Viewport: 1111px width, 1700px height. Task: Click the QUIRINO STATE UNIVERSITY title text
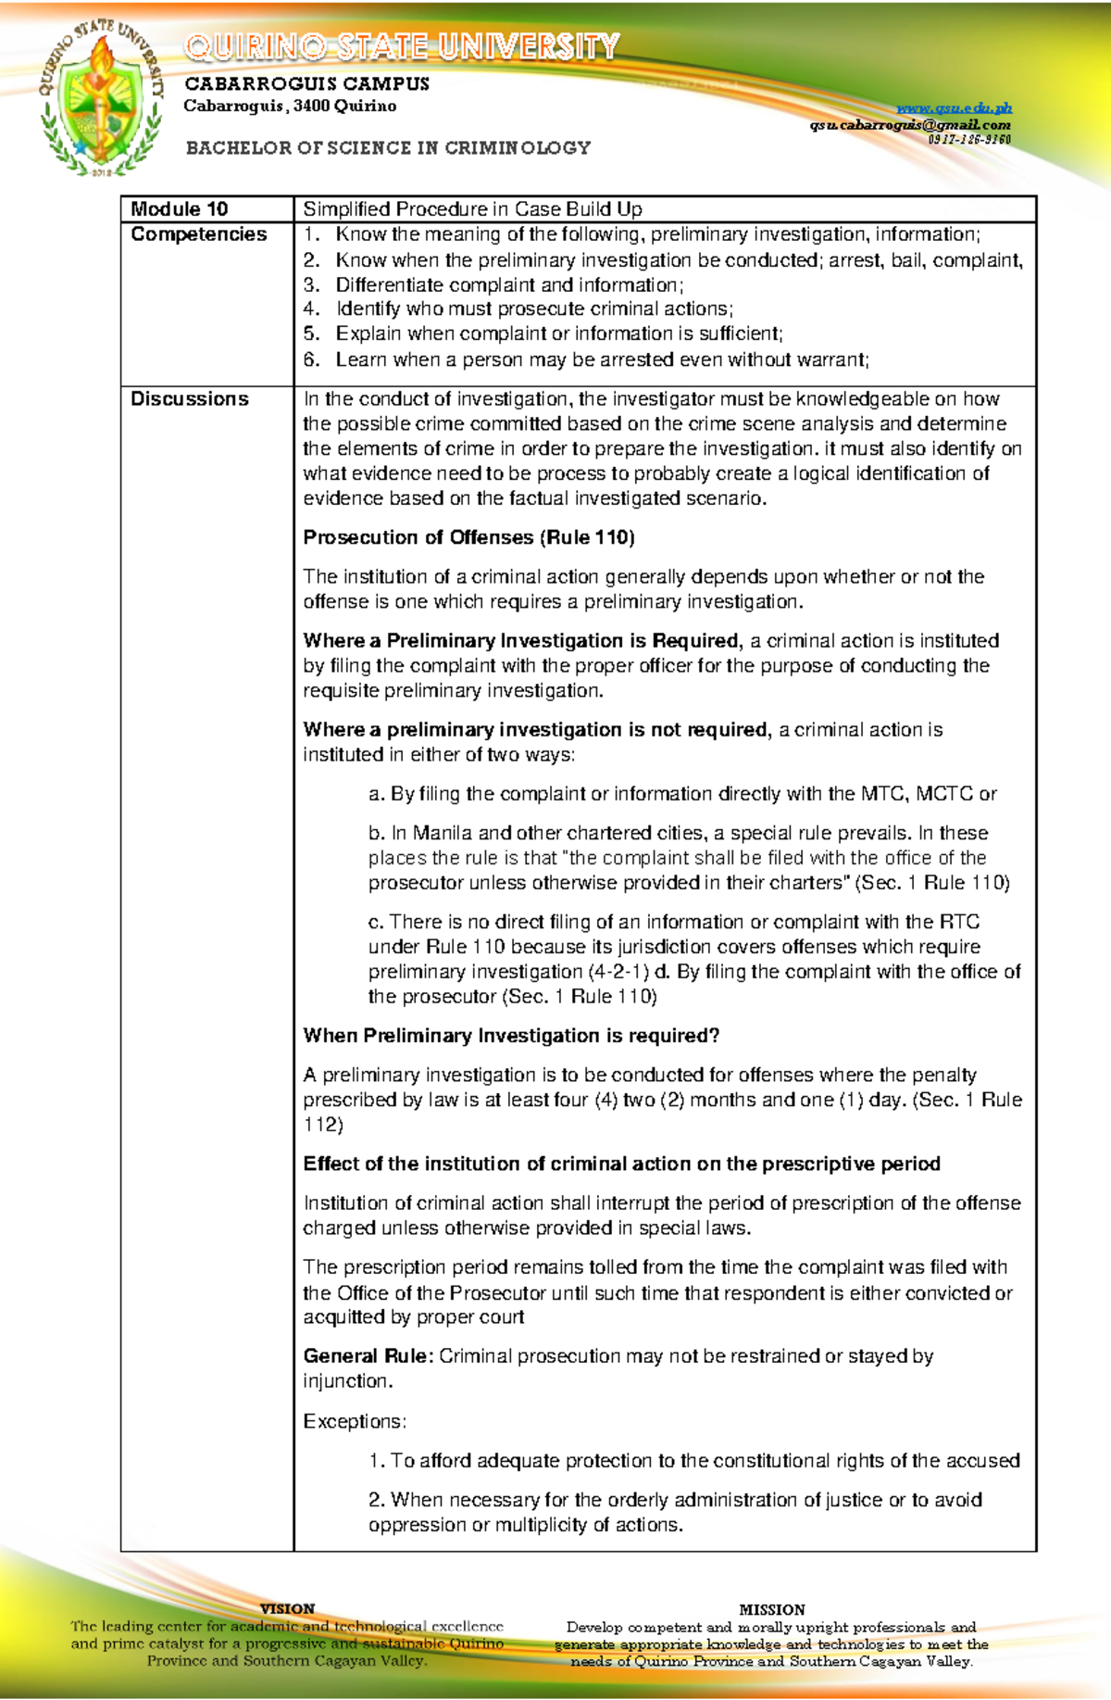(402, 46)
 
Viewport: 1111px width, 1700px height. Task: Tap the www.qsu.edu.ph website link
(954, 108)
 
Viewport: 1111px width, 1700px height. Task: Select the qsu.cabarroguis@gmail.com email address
(910, 125)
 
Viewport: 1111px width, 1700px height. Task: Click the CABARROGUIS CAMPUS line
(306, 84)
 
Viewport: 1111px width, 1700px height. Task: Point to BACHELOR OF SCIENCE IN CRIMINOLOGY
(388, 148)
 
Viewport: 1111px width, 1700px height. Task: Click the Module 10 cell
(180, 209)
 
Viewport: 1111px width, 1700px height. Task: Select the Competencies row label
(198, 234)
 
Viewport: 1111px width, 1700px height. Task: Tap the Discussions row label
(190, 399)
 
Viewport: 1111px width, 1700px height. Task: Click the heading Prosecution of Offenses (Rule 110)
(468, 537)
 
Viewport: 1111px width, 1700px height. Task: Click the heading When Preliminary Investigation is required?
(511, 1036)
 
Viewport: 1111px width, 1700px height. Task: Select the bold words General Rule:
(368, 1356)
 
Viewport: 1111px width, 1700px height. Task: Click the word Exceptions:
(355, 1421)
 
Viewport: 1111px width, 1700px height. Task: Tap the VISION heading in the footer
(287, 1609)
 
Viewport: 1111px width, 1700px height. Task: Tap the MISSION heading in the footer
(771, 1610)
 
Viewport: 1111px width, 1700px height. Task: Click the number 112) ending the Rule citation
(323, 1125)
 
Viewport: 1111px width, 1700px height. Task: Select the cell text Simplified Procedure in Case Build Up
(472, 209)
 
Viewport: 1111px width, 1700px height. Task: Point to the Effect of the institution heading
(621, 1164)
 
